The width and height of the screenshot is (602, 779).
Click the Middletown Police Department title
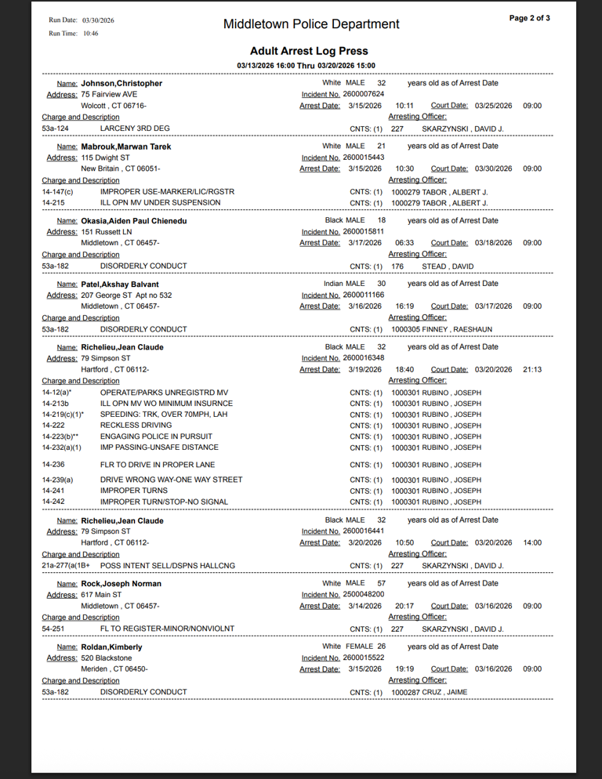(x=311, y=24)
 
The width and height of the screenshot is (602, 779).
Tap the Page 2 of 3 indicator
(x=529, y=18)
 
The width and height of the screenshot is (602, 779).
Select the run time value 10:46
(x=90, y=34)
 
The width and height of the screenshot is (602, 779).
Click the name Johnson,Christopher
(x=121, y=83)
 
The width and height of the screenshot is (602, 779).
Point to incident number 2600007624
(x=364, y=94)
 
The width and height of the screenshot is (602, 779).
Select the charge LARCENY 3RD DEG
(x=135, y=128)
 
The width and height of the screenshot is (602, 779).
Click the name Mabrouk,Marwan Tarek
(x=125, y=147)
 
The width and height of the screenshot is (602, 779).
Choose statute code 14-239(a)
(x=57, y=480)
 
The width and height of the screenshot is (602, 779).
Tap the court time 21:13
(x=532, y=369)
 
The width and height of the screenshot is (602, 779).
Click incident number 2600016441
(x=364, y=531)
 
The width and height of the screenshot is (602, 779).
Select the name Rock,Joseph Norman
(x=121, y=584)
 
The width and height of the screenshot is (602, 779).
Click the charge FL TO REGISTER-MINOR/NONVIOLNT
(x=167, y=629)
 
